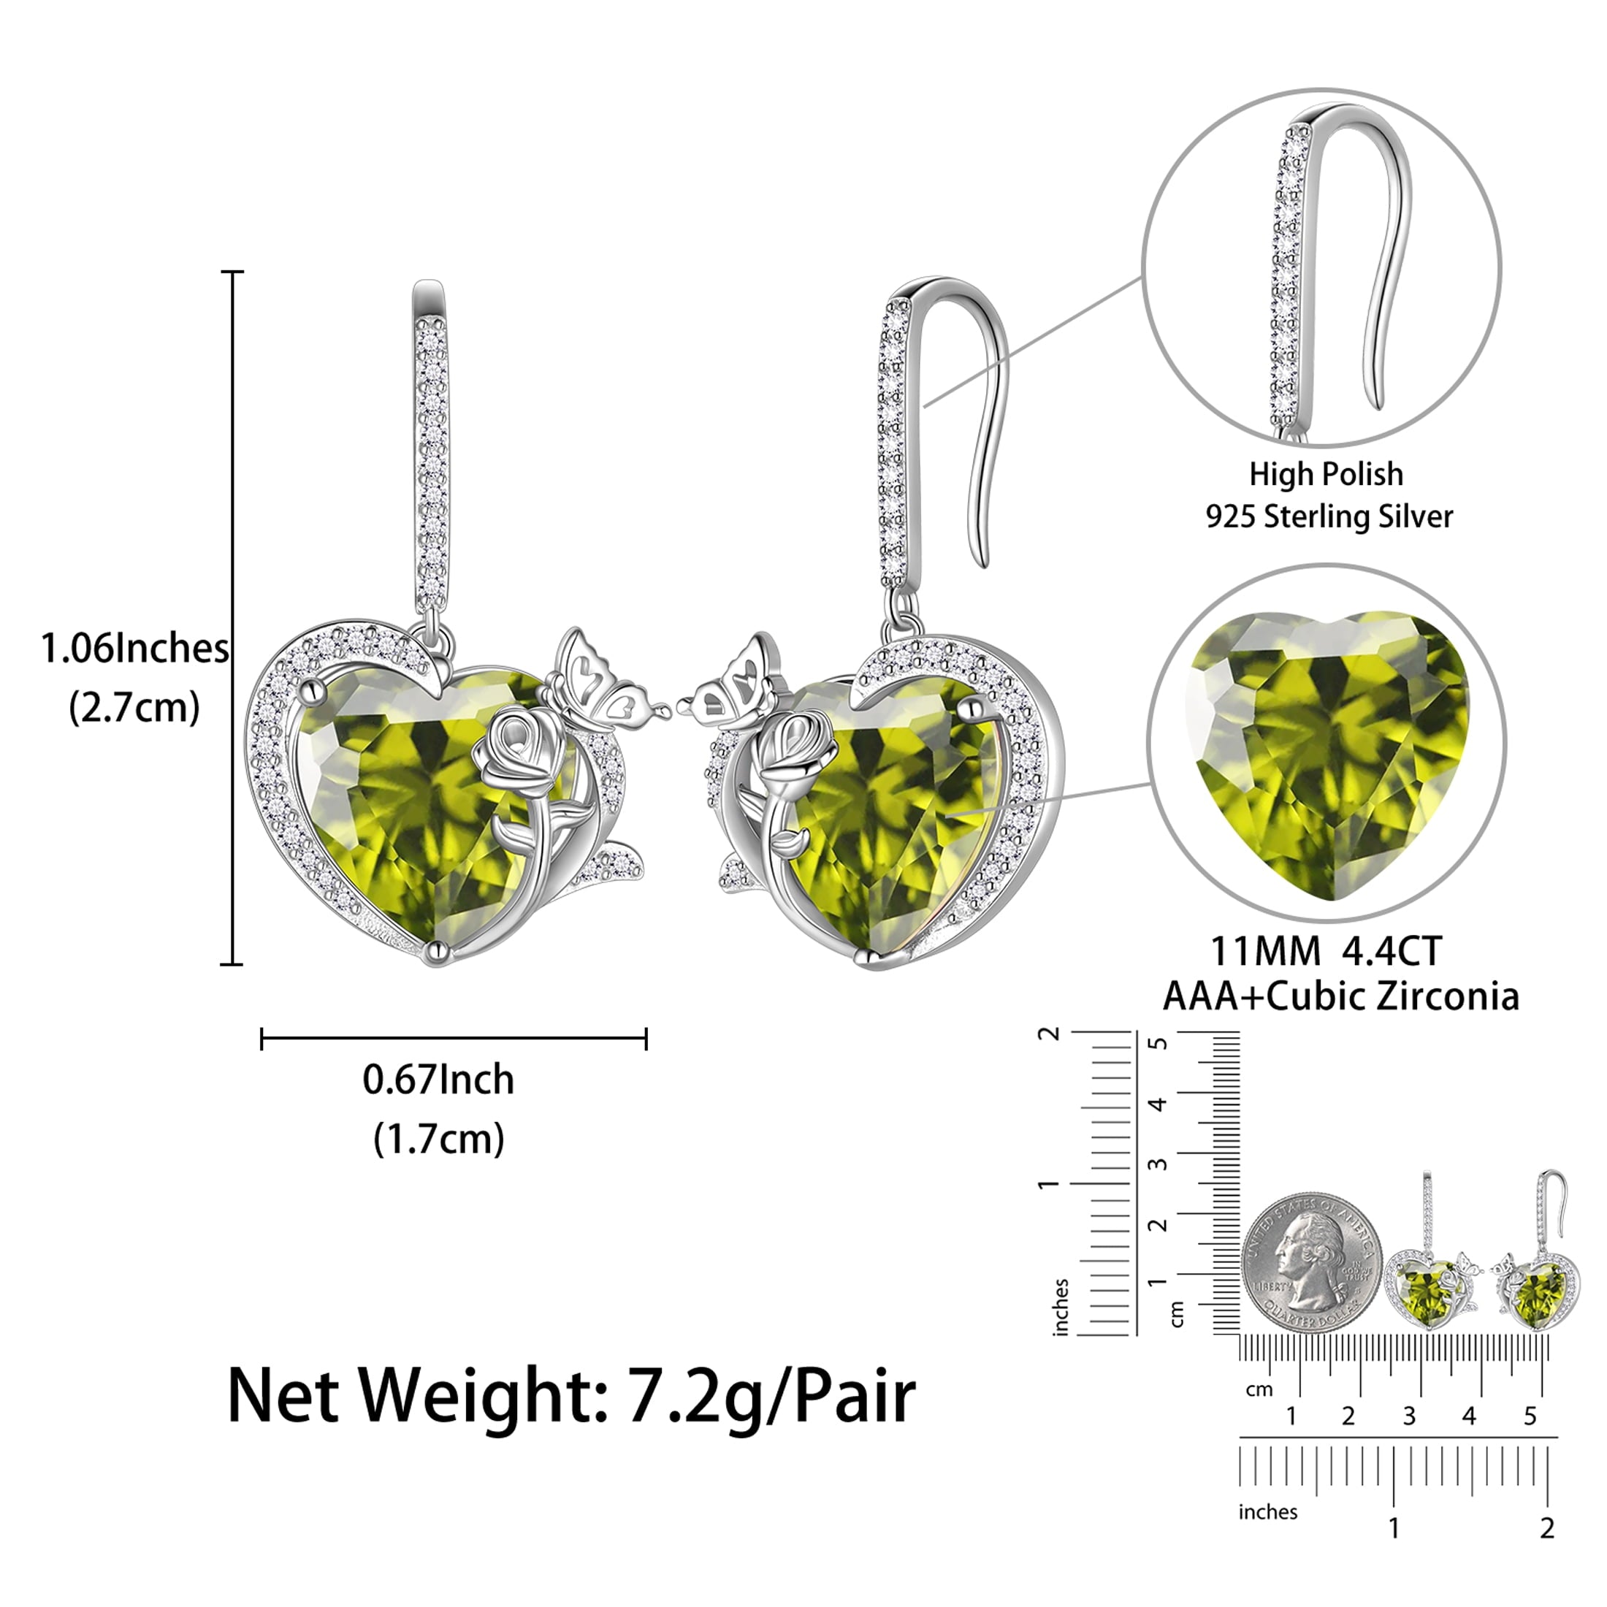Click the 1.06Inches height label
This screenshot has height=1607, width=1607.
[134, 649]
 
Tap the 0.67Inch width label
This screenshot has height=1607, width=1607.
[438, 1080]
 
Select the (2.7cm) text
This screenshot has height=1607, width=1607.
[134, 708]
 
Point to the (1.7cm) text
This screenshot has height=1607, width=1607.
[438, 1139]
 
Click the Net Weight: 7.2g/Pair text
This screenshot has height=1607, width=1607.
[570, 1397]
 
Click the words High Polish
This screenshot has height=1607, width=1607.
[1326, 474]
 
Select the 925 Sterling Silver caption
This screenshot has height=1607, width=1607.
[1329, 516]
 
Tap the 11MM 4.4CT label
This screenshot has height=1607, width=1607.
[1326, 952]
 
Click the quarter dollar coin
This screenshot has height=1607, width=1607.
[1312, 1261]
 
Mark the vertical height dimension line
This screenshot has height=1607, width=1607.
[233, 617]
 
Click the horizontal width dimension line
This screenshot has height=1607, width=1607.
[454, 1039]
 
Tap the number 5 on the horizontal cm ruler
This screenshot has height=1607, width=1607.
[1530, 1416]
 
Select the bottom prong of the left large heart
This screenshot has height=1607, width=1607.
[436, 953]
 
